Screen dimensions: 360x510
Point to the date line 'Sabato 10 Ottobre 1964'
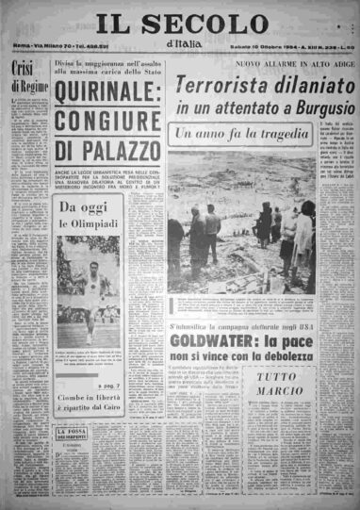[260, 49]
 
